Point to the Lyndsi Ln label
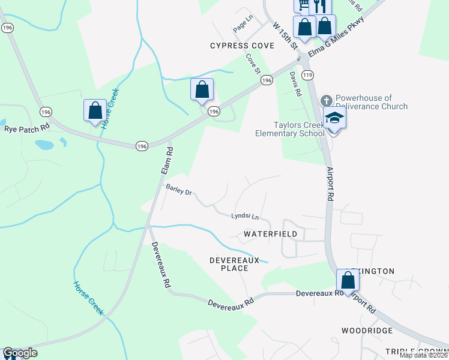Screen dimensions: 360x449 pyautogui.click(x=246, y=215)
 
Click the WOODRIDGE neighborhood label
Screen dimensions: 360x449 pyautogui.click(x=367, y=331)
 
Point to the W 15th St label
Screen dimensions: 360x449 pyautogui.click(x=285, y=36)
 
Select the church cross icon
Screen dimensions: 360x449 pyautogui.click(x=326, y=99)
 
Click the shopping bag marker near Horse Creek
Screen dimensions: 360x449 pyautogui.click(x=94, y=110)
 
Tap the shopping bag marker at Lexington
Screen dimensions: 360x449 pyautogui.click(x=348, y=280)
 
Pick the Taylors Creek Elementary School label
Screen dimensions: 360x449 pyautogui.click(x=290, y=129)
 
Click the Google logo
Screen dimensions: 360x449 pyautogui.click(x=20, y=353)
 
